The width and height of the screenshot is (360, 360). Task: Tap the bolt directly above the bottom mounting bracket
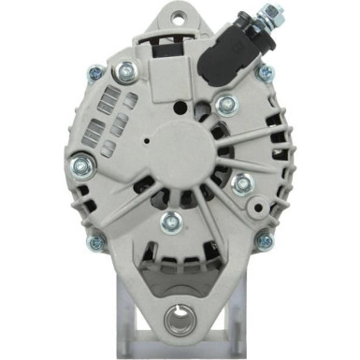click(170, 222)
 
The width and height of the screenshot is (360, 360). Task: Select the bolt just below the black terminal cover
click(224, 105)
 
